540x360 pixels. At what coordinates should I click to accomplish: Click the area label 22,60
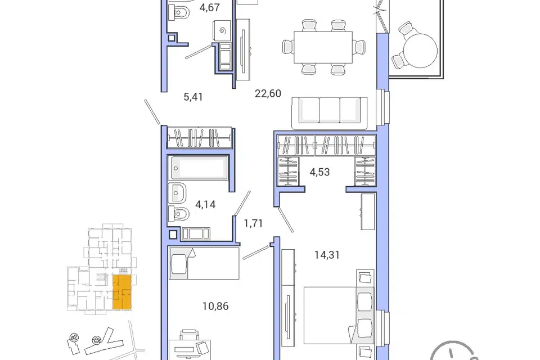[268, 93]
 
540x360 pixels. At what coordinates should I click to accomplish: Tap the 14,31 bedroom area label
[327, 255]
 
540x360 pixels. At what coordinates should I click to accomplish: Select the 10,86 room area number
[215, 306]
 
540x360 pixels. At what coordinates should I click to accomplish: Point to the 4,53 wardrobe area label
[319, 172]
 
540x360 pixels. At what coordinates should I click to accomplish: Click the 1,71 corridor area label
[254, 223]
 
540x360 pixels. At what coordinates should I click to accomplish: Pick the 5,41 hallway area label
[193, 97]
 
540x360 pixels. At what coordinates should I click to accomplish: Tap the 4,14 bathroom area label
[205, 204]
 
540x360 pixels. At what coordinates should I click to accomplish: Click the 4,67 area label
[209, 7]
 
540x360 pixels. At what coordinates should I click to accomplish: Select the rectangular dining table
[323, 47]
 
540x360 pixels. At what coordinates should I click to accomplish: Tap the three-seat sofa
[330, 112]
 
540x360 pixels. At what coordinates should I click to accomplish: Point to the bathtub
[198, 168]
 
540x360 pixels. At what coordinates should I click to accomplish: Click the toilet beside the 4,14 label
[179, 214]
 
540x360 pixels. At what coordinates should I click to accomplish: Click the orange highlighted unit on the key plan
[122, 292]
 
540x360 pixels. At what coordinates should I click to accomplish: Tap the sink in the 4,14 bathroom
[177, 193]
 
